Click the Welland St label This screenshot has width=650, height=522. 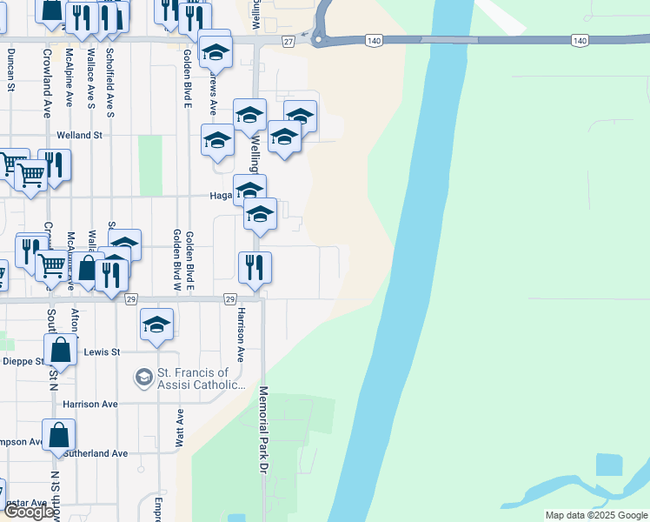(79, 136)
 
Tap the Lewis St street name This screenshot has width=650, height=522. (103, 351)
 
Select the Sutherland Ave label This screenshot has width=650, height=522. (95, 453)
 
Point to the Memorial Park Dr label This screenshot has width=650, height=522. (262, 430)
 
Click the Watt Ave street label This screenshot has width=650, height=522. (180, 428)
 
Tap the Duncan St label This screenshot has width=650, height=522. (11, 70)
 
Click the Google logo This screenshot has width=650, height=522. (29, 512)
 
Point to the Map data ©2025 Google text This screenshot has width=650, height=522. (595, 515)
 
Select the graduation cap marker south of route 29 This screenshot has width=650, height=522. (156, 325)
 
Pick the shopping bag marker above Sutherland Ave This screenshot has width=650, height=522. (58, 434)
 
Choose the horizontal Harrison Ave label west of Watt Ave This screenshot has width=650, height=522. (90, 405)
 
